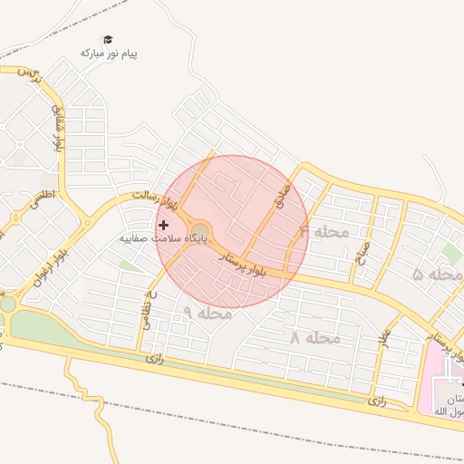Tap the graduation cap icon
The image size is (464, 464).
pyautogui.click(x=108, y=40)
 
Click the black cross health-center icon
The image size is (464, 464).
pyautogui.click(x=163, y=225)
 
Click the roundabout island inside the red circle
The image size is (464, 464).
pyautogui.click(x=199, y=233)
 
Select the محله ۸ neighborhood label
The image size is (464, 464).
pyautogui.click(x=314, y=338)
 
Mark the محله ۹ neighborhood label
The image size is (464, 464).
pyautogui.click(x=208, y=314)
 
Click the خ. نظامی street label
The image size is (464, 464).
pyautogui.click(x=148, y=308)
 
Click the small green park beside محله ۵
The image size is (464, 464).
pyautogui.click(x=450, y=253)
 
